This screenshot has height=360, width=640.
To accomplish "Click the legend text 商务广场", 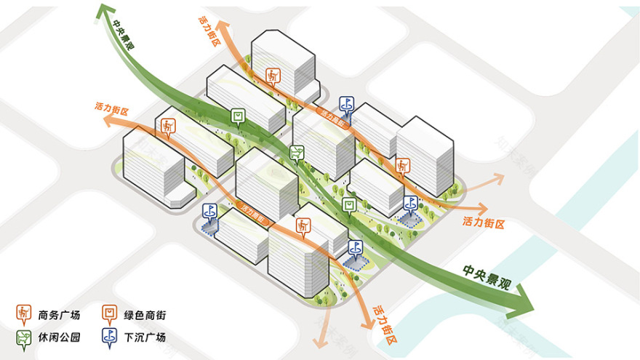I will pyautogui.click(x=60, y=315).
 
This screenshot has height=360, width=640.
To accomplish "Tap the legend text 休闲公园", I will pyautogui.click(x=60, y=337).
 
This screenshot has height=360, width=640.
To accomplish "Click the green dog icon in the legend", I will pyautogui.click(x=24, y=336).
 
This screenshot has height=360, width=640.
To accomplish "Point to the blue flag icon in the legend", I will pyautogui.click(x=111, y=336).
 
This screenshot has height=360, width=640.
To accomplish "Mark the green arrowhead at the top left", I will pyautogui.click(x=107, y=11).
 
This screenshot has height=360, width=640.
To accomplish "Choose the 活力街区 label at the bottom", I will pyautogui.click(x=384, y=324).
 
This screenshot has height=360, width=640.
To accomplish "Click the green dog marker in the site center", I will pyautogui.click(x=296, y=151).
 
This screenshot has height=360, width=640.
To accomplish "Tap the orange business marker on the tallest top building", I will pyautogui.click(x=273, y=75).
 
